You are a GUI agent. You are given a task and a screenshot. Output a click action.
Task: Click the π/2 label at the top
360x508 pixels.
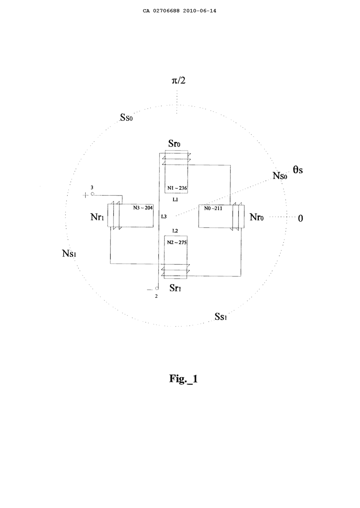178,80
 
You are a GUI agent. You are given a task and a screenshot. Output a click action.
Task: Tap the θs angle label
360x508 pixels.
298,170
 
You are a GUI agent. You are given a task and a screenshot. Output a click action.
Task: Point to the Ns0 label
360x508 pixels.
280,176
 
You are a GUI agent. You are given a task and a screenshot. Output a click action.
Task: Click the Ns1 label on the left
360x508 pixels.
69,253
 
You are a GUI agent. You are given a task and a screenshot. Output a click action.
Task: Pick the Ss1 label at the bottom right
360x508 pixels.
220,317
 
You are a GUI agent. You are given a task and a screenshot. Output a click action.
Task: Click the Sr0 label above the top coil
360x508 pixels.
174,144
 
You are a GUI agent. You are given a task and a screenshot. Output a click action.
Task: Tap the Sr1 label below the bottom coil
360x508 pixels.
175,288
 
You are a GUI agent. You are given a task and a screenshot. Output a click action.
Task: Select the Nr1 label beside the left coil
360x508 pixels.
97,217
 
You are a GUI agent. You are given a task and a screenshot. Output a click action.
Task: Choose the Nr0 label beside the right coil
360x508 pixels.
257,217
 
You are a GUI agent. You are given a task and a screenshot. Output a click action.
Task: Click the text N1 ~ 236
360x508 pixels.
177,188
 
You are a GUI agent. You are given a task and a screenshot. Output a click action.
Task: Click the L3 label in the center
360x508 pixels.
164,217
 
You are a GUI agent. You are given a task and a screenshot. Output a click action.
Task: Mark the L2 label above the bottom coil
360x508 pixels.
175,231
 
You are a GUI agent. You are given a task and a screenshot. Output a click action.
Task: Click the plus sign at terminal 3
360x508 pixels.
85,195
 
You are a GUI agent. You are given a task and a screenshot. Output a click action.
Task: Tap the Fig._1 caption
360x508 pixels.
183,378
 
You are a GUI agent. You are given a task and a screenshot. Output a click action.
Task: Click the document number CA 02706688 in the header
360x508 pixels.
162,11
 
